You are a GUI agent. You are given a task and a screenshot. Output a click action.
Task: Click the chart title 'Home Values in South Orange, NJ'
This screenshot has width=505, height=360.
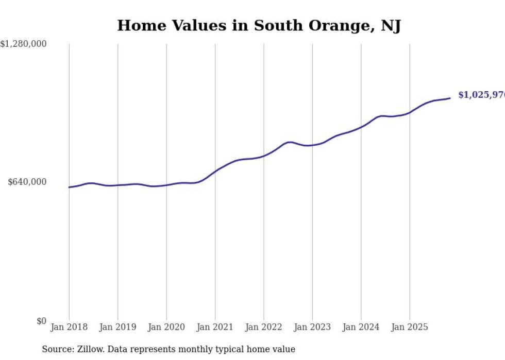[x=259, y=25]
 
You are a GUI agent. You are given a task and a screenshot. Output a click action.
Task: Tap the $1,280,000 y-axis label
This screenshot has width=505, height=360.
[x=24, y=44]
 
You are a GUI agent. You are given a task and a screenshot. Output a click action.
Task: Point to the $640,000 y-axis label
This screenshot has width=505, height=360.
[x=27, y=182]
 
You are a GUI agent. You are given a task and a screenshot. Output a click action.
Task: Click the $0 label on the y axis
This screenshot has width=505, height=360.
[x=41, y=321]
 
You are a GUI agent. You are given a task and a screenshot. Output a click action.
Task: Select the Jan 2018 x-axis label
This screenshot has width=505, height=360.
[x=69, y=327]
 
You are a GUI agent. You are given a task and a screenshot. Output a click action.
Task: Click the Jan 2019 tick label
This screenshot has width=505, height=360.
[x=117, y=327]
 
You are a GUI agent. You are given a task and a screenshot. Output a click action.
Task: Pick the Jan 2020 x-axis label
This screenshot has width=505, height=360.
[x=166, y=327]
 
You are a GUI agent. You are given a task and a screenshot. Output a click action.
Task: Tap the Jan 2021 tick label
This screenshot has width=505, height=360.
[x=215, y=327]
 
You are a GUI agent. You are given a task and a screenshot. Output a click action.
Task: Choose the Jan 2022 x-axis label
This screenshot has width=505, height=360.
[x=264, y=327]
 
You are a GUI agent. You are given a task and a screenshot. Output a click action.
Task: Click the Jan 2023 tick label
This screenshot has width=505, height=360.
[x=312, y=327]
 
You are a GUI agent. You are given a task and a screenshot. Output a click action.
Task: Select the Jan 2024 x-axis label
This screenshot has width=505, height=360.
[x=361, y=327]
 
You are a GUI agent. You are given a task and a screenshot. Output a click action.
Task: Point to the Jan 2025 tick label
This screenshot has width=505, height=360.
[x=410, y=327]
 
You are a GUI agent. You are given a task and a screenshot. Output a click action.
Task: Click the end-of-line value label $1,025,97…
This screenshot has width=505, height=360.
[x=481, y=95]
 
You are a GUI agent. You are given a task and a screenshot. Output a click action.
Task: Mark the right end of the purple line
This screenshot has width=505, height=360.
[x=450, y=98]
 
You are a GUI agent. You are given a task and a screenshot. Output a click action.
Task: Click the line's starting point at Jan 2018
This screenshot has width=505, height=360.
[x=69, y=187]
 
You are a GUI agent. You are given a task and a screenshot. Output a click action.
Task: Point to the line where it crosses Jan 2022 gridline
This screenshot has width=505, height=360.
[x=264, y=156]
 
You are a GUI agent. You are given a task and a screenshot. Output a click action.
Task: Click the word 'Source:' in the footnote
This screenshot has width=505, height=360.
[x=56, y=350]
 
